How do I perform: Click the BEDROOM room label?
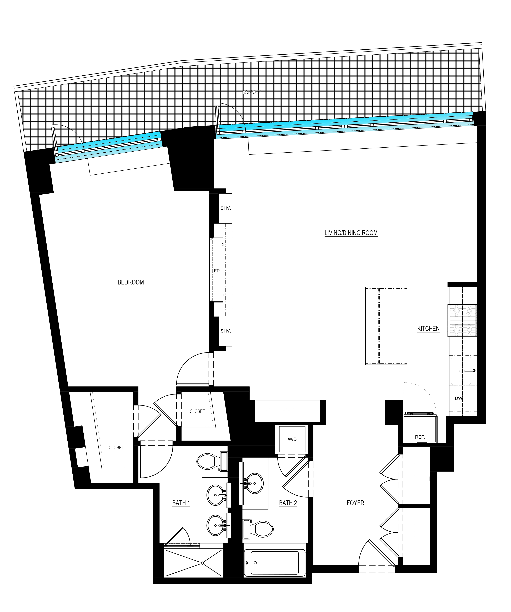point(131,282)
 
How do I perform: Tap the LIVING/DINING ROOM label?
point(351,233)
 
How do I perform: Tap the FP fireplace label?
point(217,271)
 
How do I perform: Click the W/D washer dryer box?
point(292,439)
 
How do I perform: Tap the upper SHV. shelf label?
point(225,208)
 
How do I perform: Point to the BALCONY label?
point(251,92)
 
